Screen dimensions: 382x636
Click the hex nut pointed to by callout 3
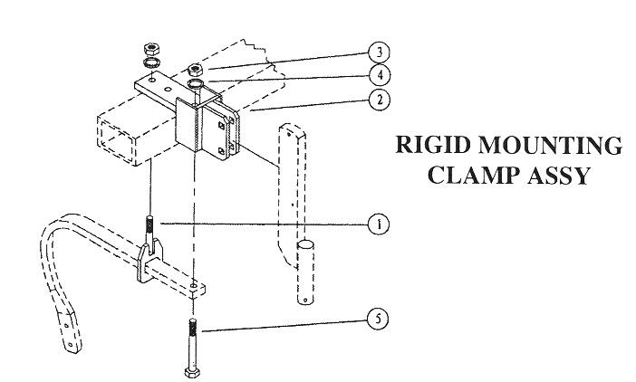[x=197, y=69]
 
